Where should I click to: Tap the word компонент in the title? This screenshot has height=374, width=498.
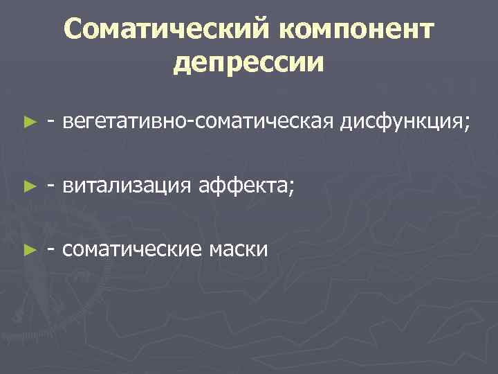click(x=357, y=30)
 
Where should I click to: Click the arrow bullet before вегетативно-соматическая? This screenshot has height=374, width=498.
click(x=28, y=123)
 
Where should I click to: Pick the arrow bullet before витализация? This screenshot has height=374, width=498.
click(x=28, y=186)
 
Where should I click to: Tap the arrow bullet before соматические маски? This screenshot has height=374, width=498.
click(x=28, y=249)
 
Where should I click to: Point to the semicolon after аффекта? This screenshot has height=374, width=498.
click(x=290, y=188)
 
